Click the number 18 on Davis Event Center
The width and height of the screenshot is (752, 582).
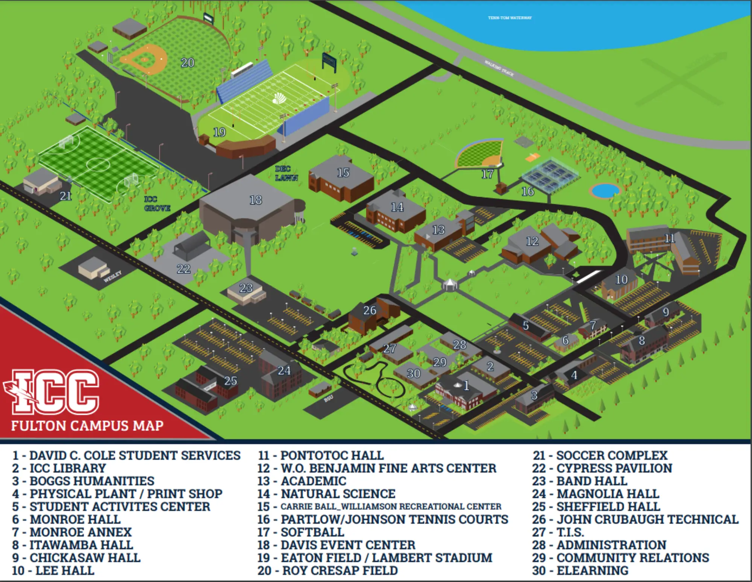click(x=256, y=200)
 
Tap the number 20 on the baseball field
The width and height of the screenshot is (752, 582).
click(x=187, y=62)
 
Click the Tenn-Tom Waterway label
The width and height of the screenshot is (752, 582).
click(x=509, y=18)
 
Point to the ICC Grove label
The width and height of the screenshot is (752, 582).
click(x=157, y=204)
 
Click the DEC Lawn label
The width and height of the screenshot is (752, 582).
click(x=286, y=173)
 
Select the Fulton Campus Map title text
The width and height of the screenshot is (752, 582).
click(x=87, y=426)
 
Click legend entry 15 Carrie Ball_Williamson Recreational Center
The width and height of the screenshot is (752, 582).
click(x=380, y=506)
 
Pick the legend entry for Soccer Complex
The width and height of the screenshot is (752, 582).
click(x=600, y=455)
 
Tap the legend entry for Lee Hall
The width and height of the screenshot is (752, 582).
click(x=53, y=570)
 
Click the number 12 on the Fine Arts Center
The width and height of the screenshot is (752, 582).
click(x=532, y=241)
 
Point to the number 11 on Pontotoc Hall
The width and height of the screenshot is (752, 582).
click(x=670, y=238)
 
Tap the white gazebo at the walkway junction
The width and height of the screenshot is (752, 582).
click(x=450, y=284)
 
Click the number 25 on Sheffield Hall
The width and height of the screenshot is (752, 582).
click(x=230, y=381)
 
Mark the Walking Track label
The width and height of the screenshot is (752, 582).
click(x=499, y=68)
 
